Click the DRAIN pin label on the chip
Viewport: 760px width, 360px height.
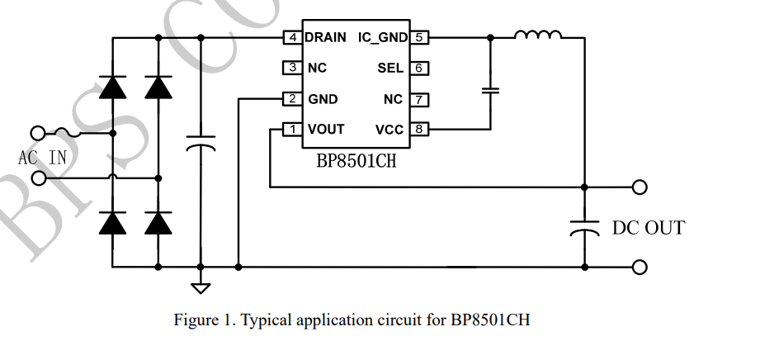pyautogui.click(x=325, y=38)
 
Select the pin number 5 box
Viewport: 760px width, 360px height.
pyautogui.click(x=420, y=38)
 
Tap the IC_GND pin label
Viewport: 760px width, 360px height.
pyautogui.click(x=382, y=38)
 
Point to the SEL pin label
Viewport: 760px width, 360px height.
pyautogui.click(x=390, y=69)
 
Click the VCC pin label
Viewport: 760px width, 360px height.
pyautogui.click(x=389, y=130)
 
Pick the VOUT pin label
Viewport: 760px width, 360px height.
pyautogui.click(x=326, y=130)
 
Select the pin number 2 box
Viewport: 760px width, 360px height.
pyautogui.click(x=291, y=99)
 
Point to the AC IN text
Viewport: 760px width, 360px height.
pyautogui.click(x=42, y=157)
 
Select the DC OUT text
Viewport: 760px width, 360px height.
pyautogui.click(x=648, y=228)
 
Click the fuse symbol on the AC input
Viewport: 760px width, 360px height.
pyautogui.click(x=66, y=132)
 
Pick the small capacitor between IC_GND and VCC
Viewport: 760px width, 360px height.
pyautogui.click(x=491, y=90)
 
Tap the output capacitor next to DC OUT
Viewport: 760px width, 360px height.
pyautogui.click(x=584, y=227)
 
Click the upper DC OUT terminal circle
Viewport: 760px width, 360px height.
pyautogui.click(x=639, y=187)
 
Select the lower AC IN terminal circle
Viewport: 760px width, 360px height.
pyautogui.click(x=37, y=178)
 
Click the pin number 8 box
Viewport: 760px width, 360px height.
pyautogui.click(x=420, y=130)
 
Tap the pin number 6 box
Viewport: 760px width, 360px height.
pyautogui.click(x=420, y=69)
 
